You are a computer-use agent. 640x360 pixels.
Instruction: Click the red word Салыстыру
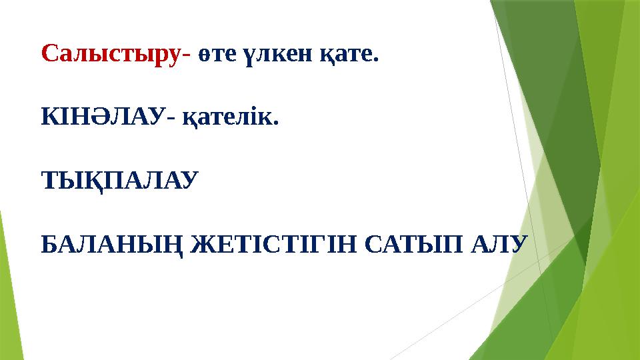[x=110, y=54]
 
